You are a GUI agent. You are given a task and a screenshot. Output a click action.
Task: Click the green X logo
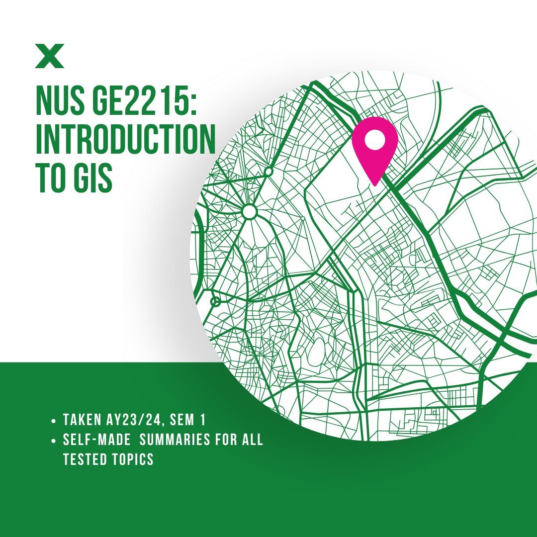[x=50, y=57]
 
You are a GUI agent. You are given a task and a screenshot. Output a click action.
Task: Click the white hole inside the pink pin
[x=374, y=140]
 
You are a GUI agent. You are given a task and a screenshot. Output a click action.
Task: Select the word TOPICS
[x=133, y=459]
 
